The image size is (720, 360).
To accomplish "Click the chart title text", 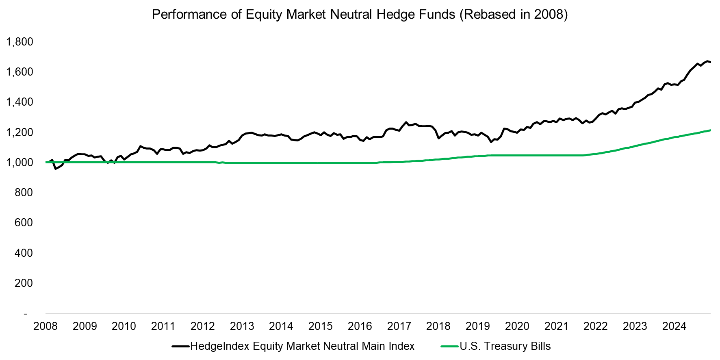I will (x=360, y=14).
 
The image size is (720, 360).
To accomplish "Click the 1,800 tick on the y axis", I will (x=20, y=41).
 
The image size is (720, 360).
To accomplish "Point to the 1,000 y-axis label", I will (x=20, y=162).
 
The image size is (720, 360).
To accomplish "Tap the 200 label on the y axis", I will (x=24, y=283).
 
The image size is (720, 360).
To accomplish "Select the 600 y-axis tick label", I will (x=24, y=222).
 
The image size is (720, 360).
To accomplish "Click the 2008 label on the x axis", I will (x=46, y=326).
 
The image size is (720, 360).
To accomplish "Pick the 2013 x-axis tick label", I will (x=242, y=326).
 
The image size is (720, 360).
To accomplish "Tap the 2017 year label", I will (x=399, y=326).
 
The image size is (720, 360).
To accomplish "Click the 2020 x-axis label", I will (x=517, y=326).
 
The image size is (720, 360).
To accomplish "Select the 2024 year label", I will (x=674, y=326).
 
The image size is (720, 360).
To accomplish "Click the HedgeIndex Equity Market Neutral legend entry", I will (x=302, y=346).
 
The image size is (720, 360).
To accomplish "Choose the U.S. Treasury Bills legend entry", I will (x=505, y=346).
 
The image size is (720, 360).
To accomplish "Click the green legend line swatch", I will (x=449, y=346).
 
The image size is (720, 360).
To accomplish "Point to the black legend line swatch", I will (x=180, y=346).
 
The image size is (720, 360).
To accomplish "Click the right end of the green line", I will (x=710, y=130).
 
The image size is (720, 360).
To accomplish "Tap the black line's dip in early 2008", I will (x=56, y=169).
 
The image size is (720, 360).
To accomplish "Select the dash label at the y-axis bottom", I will (x=26, y=313).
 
